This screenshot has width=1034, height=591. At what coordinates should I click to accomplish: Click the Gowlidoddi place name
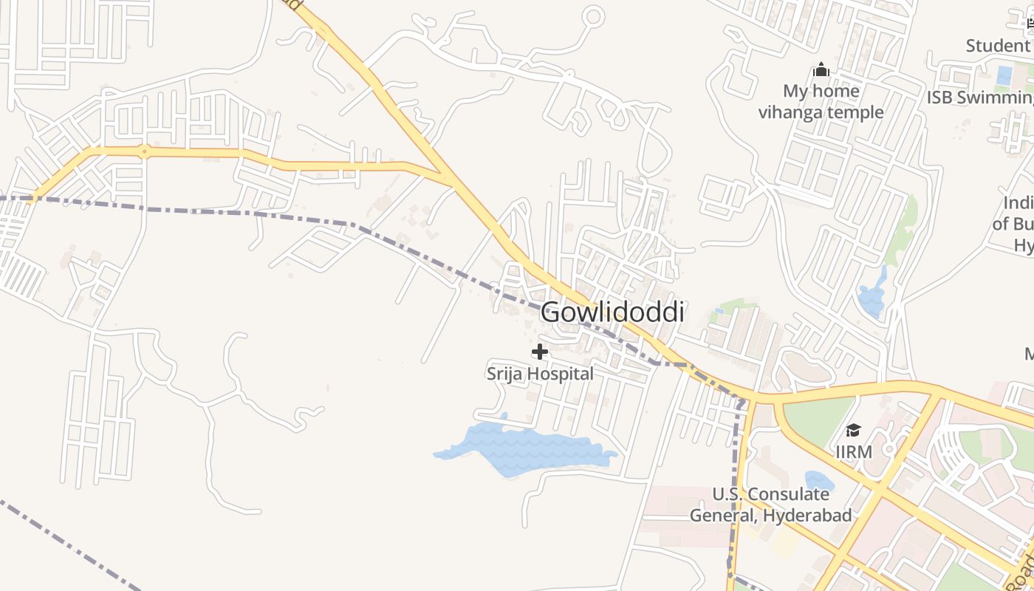[x=612, y=312]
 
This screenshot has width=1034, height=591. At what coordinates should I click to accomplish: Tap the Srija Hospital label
[x=540, y=374]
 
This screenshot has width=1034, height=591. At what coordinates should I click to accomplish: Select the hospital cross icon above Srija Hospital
[x=540, y=352]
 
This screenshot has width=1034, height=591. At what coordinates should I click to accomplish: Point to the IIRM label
[x=853, y=451]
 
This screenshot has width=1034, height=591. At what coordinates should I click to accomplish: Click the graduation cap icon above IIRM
[x=853, y=430]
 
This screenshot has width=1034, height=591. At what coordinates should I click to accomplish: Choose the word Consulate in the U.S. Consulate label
[x=788, y=494]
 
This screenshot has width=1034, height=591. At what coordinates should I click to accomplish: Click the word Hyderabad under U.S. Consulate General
[x=808, y=515]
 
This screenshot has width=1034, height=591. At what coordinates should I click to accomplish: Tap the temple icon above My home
[x=821, y=71]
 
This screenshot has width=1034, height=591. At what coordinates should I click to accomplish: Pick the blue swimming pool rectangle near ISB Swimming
[x=1004, y=75]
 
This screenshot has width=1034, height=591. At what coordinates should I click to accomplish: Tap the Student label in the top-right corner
[x=997, y=46]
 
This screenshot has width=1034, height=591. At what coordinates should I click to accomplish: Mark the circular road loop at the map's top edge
[x=593, y=16]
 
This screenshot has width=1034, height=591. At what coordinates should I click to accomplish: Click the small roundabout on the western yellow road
[x=145, y=151]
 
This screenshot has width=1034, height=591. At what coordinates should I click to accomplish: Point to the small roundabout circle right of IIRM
[x=889, y=449]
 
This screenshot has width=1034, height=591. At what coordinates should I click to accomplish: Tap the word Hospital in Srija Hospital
[x=561, y=374]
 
